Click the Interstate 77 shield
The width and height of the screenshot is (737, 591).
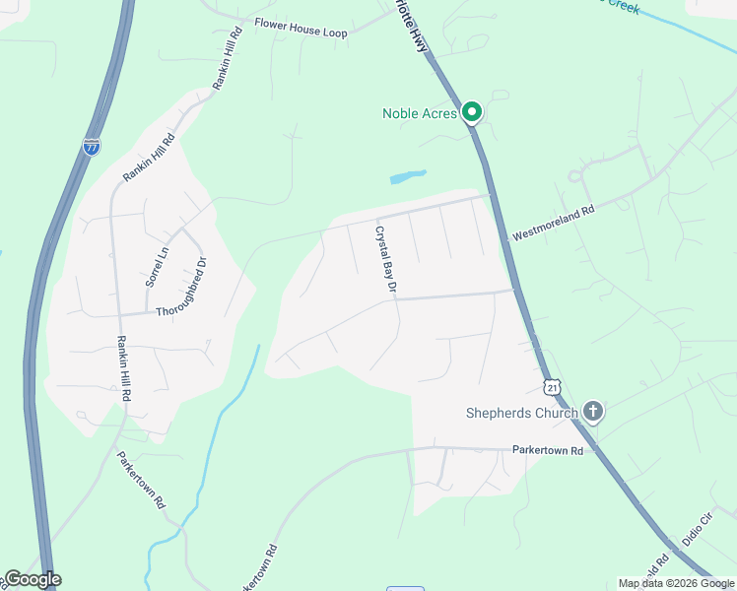point(92,147)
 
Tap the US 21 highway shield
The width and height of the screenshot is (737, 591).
point(553,387)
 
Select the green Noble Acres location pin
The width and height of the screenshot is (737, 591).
point(472,112)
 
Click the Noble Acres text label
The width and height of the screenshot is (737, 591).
point(419,113)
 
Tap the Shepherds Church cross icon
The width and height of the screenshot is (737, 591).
point(592,412)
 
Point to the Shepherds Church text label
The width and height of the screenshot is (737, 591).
point(522,413)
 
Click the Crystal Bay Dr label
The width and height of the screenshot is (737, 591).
point(384,260)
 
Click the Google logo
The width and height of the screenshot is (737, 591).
point(32,579)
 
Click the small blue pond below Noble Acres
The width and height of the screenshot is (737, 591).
point(408,177)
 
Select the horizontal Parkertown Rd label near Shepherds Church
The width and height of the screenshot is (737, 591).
point(548,450)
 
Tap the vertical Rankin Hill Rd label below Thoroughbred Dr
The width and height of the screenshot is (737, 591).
point(124,367)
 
